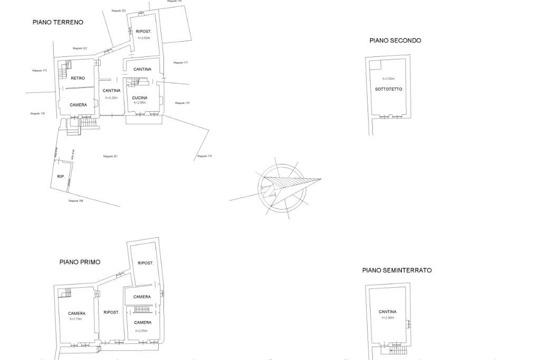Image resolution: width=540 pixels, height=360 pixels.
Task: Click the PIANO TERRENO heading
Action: (58, 22)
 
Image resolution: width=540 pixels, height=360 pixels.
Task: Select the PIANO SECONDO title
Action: (395, 41)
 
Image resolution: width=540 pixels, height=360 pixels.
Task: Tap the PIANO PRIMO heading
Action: (80, 262)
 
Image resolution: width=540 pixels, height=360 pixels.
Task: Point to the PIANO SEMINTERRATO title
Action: (397, 270)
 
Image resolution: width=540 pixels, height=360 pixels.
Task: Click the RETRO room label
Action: (78, 78)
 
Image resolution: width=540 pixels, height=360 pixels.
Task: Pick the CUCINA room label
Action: (140, 98)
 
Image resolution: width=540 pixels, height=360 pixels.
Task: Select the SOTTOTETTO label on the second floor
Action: (389, 89)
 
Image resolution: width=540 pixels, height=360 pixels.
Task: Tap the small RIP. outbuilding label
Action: (61, 177)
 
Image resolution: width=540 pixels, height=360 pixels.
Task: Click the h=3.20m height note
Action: (111, 98)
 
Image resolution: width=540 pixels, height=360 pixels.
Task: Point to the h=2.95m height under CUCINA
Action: (140, 103)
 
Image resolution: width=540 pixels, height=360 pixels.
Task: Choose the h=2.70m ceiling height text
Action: (76, 319)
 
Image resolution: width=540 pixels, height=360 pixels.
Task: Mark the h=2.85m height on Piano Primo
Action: (141, 330)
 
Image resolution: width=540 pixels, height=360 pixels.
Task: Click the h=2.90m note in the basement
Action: (388, 318)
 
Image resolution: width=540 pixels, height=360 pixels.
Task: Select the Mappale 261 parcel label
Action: (110, 156)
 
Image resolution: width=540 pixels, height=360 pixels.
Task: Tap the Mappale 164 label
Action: (75, 200)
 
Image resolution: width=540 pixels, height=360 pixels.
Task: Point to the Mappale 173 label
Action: (40, 70)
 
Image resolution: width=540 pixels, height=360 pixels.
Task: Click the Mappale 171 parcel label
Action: (181, 63)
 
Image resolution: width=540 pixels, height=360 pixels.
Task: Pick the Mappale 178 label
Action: (37, 113)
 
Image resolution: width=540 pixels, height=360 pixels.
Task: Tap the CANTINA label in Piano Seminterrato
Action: (388, 312)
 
